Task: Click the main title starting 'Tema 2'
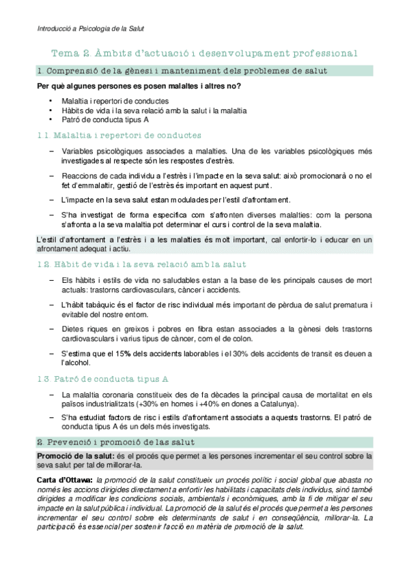click(x=205, y=53)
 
